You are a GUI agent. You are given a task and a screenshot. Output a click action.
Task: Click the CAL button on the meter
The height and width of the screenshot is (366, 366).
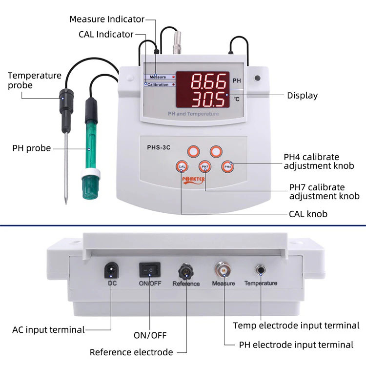click(x=182, y=167)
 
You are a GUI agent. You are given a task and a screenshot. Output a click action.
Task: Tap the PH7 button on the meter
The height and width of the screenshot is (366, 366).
click(x=204, y=167)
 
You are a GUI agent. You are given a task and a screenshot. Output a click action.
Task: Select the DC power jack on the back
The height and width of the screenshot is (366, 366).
click(x=111, y=269)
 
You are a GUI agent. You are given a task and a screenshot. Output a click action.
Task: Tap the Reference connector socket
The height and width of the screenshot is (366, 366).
click(x=185, y=270)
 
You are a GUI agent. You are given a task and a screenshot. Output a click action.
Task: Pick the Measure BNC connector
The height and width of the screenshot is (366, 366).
click(x=223, y=269)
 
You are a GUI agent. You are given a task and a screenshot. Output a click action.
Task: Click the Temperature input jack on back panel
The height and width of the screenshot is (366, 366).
click(x=260, y=270)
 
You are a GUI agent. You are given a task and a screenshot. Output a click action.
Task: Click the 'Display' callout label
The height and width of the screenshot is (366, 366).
click(x=302, y=96)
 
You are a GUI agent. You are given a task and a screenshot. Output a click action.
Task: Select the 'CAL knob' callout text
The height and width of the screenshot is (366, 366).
click(x=308, y=214)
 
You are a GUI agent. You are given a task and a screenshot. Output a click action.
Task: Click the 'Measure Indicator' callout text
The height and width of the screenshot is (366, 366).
click(x=107, y=20)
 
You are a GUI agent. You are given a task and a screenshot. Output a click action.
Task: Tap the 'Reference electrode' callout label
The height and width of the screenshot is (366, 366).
click(x=131, y=352)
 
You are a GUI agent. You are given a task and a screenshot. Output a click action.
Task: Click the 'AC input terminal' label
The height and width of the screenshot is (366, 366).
click(x=48, y=329)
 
